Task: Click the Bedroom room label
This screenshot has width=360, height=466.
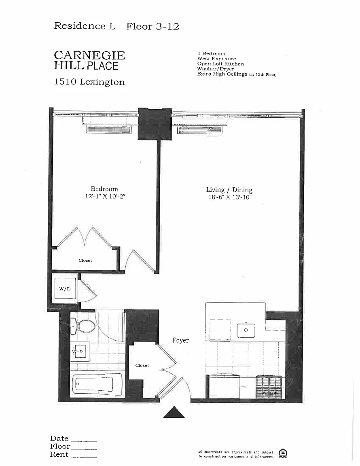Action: click(104, 189)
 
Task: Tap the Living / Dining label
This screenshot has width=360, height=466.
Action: click(229, 190)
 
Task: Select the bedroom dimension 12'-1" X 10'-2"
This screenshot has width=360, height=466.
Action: click(105, 197)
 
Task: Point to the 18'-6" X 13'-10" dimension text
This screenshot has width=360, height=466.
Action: click(230, 197)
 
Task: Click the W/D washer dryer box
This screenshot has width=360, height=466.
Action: click(65, 288)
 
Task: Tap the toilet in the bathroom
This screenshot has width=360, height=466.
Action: click(83, 326)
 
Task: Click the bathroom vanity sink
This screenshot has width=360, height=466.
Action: click(80, 351)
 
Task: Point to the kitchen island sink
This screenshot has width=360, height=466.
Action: click(246, 330)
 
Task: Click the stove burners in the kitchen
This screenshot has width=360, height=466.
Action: click(269, 387)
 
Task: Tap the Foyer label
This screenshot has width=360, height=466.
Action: click(180, 340)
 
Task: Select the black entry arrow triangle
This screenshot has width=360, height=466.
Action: click(174, 412)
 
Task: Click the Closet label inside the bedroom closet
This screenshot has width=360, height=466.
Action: click(85, 261)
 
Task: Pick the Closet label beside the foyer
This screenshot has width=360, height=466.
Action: click(142, 365)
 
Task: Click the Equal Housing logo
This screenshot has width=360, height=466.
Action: click(283, 453)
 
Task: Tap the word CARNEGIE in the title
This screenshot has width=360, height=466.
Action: click(90, 55)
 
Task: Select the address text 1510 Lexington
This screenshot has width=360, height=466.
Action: click(89, 82)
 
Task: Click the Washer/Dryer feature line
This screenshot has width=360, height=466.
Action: click(216, 69)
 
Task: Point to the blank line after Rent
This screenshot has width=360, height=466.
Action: click(84, 457)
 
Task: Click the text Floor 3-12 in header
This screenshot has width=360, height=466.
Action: click(153, 26)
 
